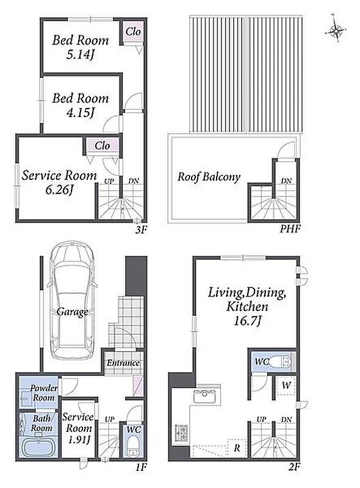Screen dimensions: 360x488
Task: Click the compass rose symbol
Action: pyautogui.click(x=336, y=30)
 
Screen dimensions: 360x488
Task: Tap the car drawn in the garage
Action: pyautogui.click(x=72, y=301)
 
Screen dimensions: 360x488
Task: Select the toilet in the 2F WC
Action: pyautogui.click(x=279, y=362)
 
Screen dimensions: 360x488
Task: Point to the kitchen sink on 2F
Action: pyautogui.click(x=203, y=395)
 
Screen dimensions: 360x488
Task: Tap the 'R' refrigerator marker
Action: pyautogui.click(x=237, y=448)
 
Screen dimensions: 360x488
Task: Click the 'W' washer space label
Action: pyautogui.click(x=286, y=386)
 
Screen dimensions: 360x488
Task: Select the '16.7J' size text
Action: pyautogui.click(x=247, y=321)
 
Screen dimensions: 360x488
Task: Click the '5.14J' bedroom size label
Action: pyautogui.click(x=80, y=55)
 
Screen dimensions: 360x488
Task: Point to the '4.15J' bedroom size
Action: pyautogui.click(x=80, y=113)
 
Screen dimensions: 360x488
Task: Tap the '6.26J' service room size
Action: pyautogui.click(x=59, y=190)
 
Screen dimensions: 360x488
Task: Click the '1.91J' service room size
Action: pyautogui.click(x=77, y=439)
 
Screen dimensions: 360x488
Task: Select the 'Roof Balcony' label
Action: pyautogui.click(x=209, y=177)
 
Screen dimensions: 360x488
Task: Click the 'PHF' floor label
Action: pyautogui.click(x=290, y=229)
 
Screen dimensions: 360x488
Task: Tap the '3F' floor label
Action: pyautogui.click(x=141, y=230)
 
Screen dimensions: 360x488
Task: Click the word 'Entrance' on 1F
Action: pyautogui.click(x=123, y=363)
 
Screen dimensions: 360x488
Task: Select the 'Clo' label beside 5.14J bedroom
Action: pyautogui.click(x=133, y=32)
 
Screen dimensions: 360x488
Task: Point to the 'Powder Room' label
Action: pyautogui.click(x=44, y=393)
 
